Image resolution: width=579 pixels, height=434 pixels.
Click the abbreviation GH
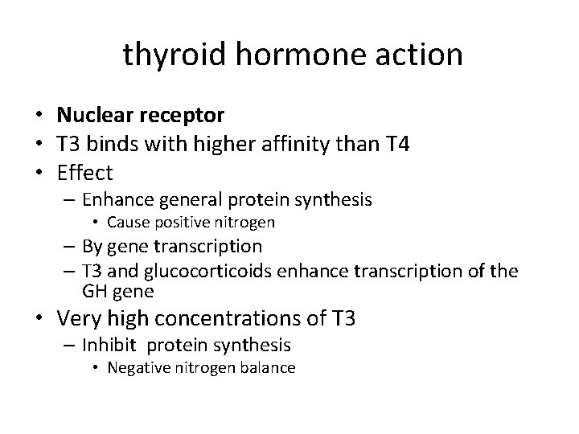(x=93, y=291)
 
